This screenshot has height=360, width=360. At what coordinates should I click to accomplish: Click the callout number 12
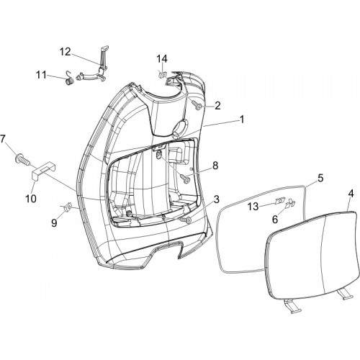tap(66, 52)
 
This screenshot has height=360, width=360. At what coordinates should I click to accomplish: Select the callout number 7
tap(2, 139)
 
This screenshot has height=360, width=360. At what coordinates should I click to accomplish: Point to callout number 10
tap(31, 199)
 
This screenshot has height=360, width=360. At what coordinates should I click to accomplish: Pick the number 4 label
tap(351, 194)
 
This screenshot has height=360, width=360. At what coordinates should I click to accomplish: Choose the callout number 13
tap(253, 206)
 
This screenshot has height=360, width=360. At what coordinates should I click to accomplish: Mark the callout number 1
tap(242, 119)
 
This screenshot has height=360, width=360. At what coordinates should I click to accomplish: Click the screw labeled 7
tap(23, 158)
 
